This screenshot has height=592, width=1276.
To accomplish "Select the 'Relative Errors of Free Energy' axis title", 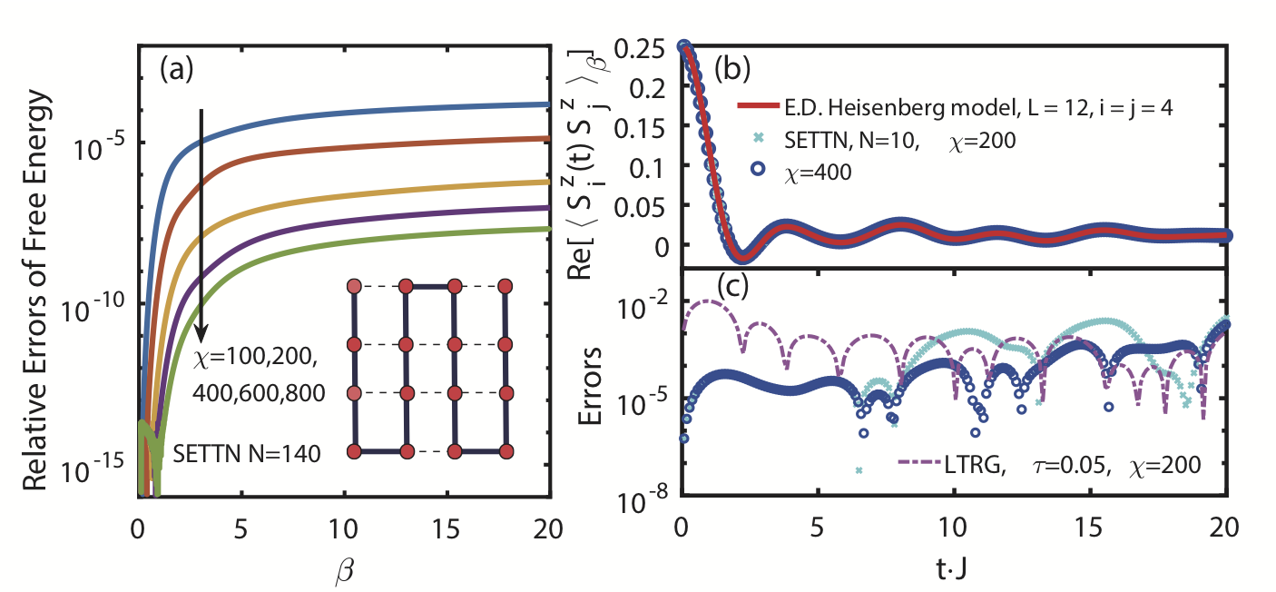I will (x=36, y=270).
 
